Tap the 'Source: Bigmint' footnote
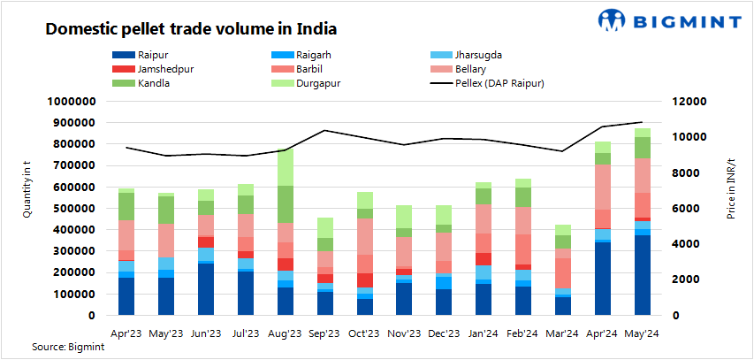click(x=65, y=348)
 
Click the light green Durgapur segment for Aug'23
click(x=286, y=167)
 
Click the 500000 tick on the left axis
click(x=72, y=208)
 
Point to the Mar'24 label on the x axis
click(x=567, y=333)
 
